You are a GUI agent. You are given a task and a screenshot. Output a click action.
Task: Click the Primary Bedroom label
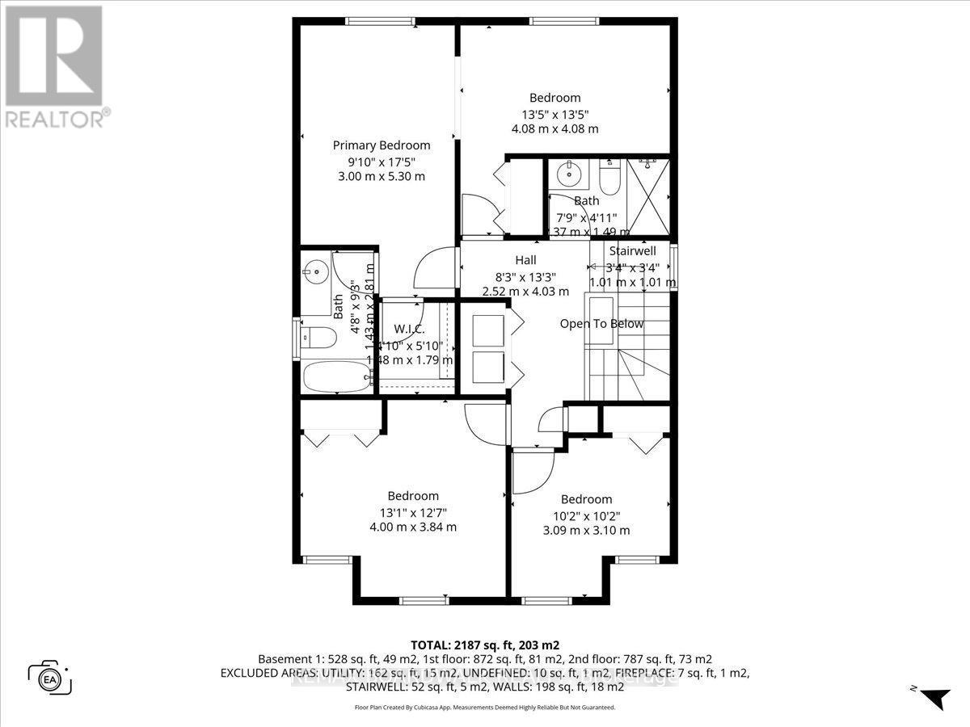point(382,145)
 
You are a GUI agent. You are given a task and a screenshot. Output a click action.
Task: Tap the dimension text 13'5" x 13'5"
point(555,114)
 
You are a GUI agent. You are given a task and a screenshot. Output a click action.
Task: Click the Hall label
point(526,260)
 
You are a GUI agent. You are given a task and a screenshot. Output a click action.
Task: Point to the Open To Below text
point(602,324)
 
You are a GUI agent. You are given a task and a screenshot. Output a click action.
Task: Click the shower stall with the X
point(648,197)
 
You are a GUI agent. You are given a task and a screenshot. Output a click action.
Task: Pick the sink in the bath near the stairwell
point(571,173)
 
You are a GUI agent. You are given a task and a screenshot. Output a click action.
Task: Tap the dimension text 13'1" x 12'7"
point(413,512)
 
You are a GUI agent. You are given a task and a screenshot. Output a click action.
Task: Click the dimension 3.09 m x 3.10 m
point(586,531)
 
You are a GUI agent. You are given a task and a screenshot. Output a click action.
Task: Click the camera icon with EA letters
point(50,677)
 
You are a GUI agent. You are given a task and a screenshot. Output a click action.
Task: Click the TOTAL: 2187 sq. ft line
point(484,645)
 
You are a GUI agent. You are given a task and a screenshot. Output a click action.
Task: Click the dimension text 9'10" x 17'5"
point(382,161)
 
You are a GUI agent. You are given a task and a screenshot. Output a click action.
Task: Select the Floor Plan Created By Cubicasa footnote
point(484,707)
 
